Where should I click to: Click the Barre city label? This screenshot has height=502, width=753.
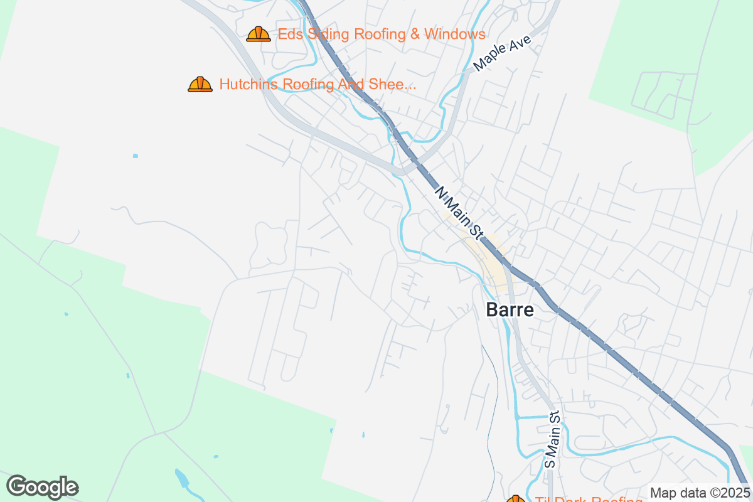click(x=510, y=310)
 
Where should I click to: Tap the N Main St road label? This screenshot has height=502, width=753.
click(x=459, y=214)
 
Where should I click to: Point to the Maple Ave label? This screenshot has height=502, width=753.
click(x=503, y=53)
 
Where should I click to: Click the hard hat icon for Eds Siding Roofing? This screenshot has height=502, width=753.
click(x=259, y=34)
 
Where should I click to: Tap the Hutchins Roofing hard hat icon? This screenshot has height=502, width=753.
click(x=200, y=84)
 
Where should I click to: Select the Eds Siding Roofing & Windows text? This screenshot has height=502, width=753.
click(x=382, y=34)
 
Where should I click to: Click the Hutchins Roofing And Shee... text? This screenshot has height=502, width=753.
click(x=318, y=84)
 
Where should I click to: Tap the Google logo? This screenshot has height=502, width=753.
click(x=43, y=487)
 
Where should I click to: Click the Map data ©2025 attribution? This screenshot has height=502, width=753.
click(x=700, y=493)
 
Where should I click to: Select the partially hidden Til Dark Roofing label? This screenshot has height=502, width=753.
click(x=584, y=500)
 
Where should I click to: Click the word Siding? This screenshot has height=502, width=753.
click(x=329, y=34)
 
